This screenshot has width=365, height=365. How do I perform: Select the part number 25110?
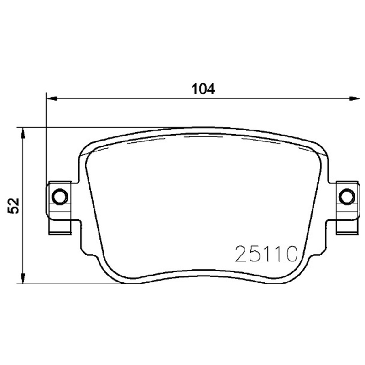(x=266, y=254)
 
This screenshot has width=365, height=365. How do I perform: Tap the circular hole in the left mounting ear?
(x=60, y=197)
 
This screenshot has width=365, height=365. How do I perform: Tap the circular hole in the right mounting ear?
(x=347, y=197)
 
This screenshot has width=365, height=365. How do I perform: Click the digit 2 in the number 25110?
(x=242, y=254)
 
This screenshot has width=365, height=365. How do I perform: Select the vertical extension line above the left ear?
(x=47, y=137)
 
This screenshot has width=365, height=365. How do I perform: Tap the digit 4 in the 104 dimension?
(x=211, y=89)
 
